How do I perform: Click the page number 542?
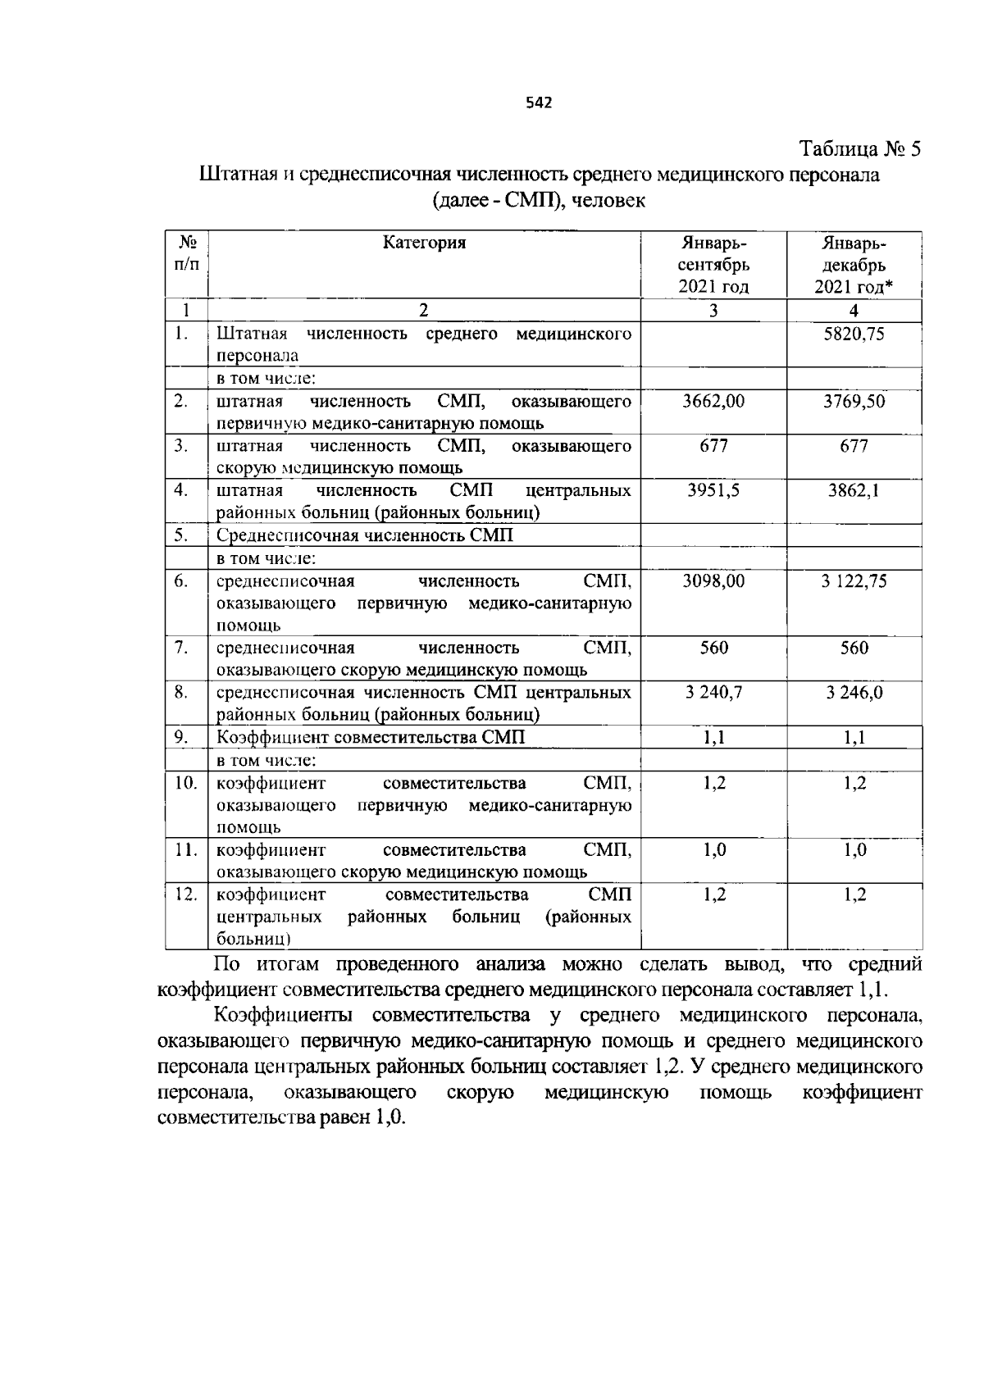[x=538, y=102]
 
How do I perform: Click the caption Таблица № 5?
[x=860, y=149]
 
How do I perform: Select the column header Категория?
[x=424, y=243]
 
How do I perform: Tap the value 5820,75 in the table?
[x=854, y=334]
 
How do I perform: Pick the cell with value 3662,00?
[x=713, y=401]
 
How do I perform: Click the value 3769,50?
[x=854, y=401]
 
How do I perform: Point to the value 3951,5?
[x=713, y=490]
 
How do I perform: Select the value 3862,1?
[x=854, y=490]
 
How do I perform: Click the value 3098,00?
[x=713, y=581]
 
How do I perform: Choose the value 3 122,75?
[x=854, y=581]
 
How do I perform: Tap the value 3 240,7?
[x=713, y=693]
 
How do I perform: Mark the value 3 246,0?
[x=854, y=693]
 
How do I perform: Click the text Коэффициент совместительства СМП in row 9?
[x=370, y=737]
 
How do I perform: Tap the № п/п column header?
[x=186, y=253]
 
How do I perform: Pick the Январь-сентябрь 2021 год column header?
[x=713, y=265]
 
